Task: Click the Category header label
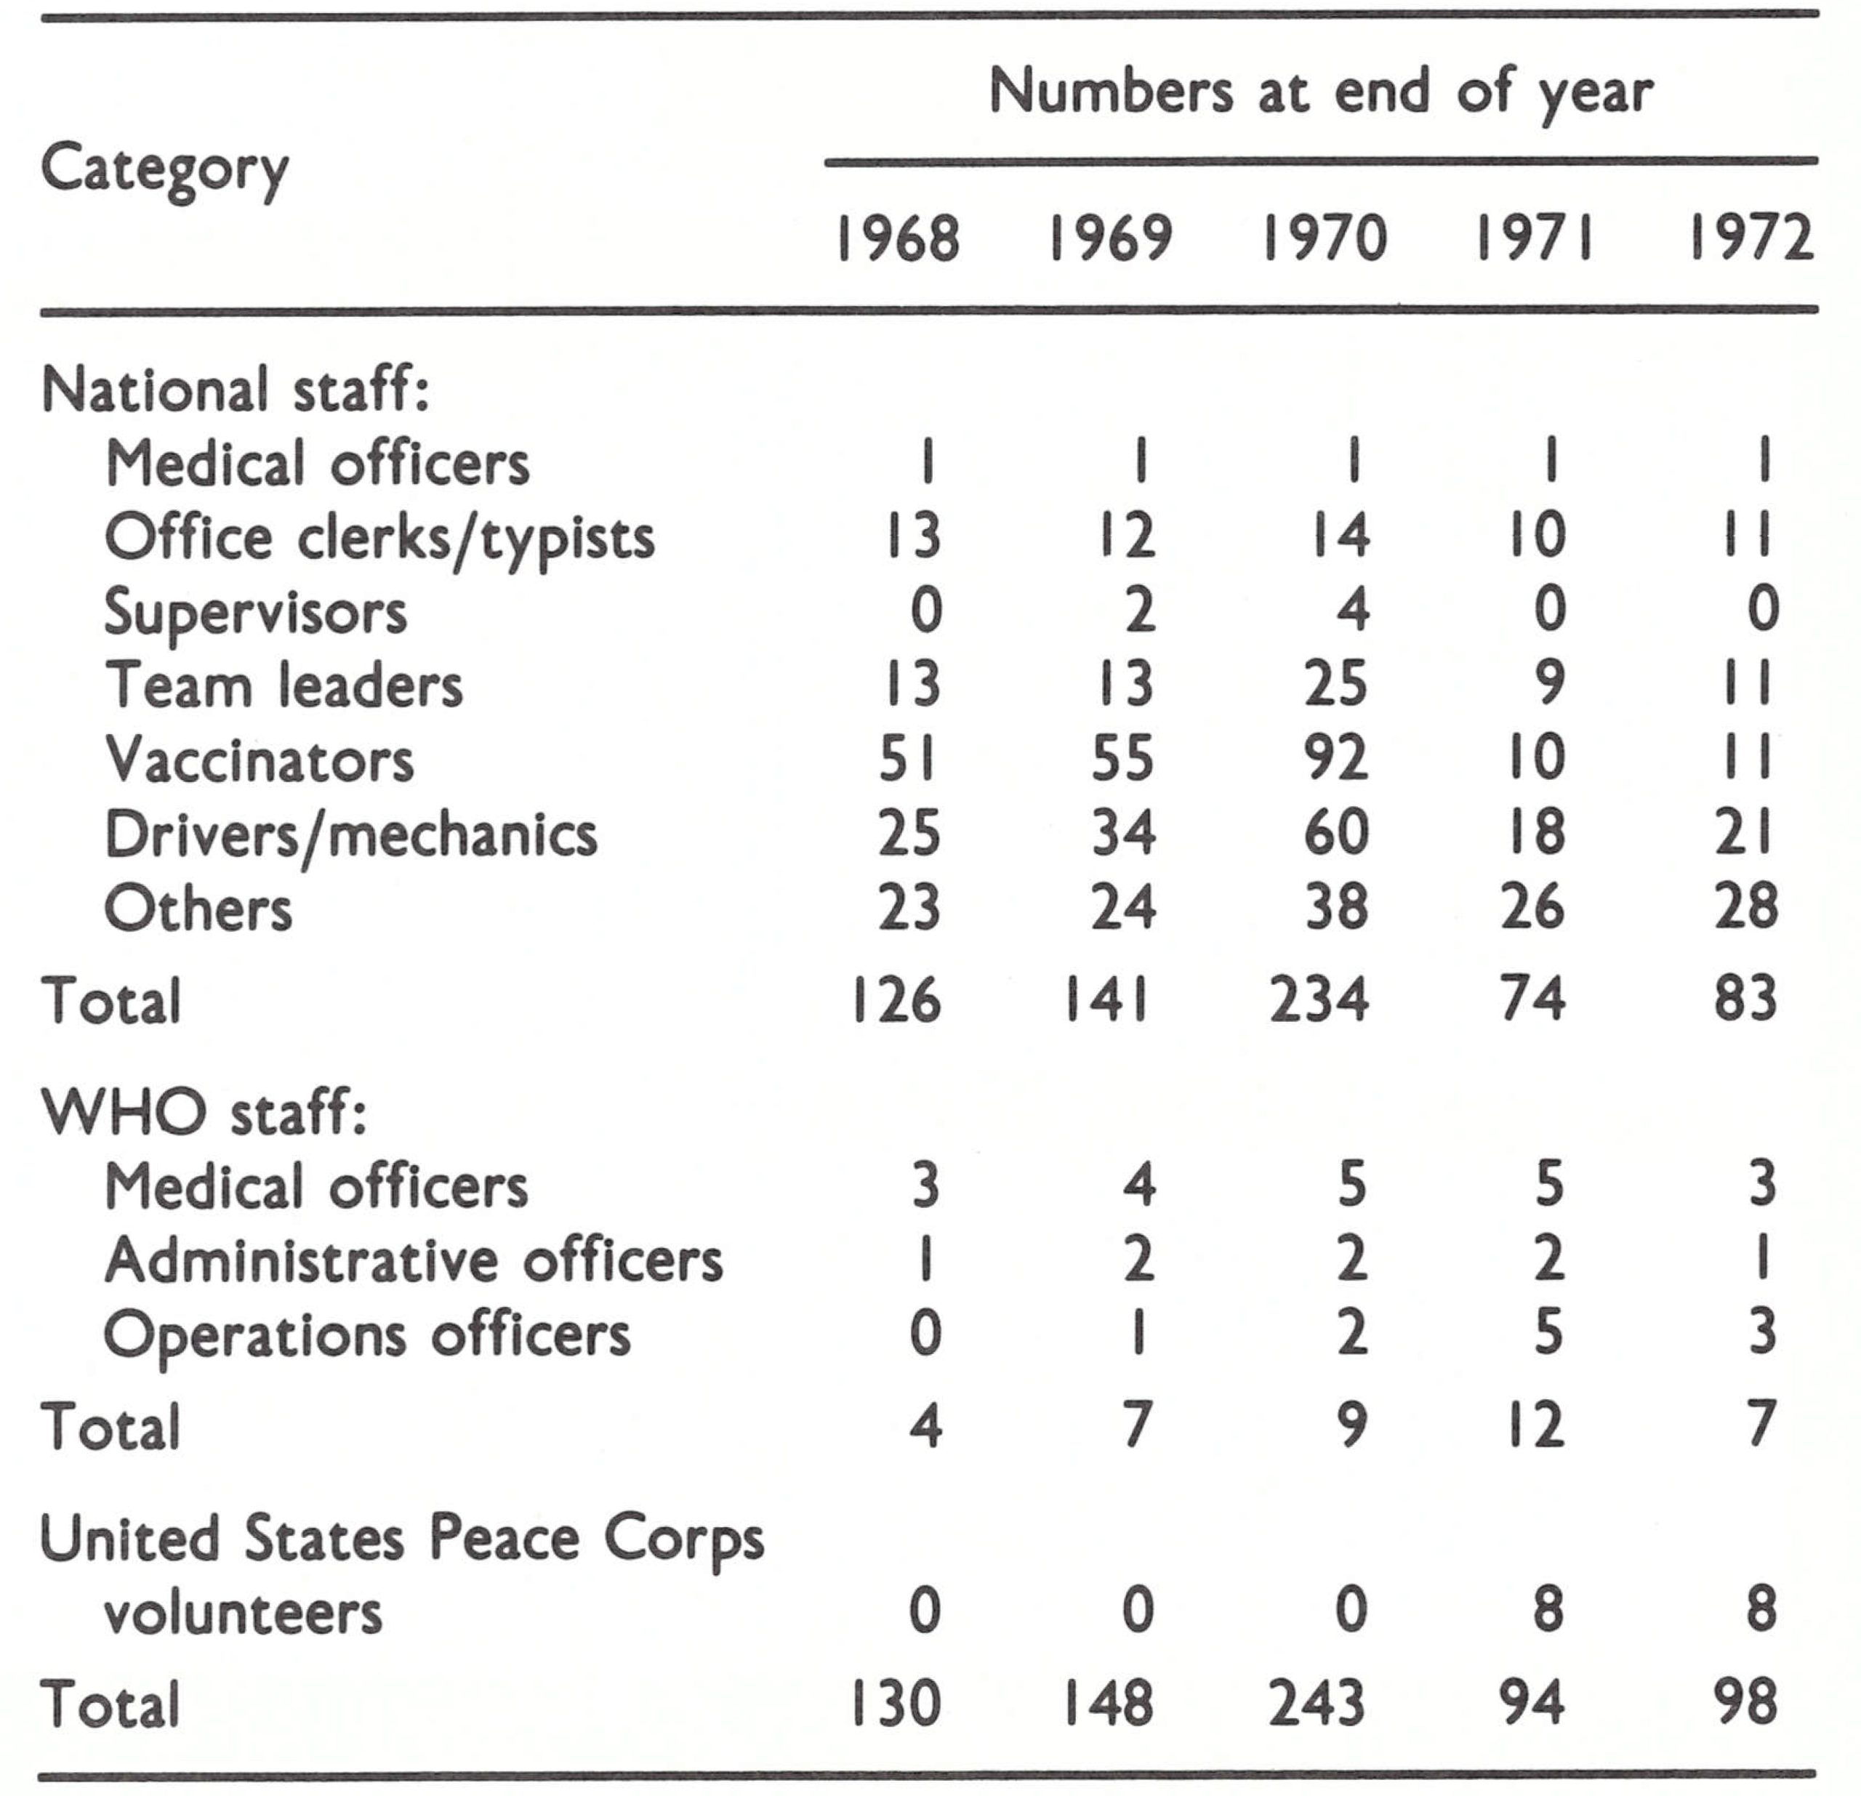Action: coord(164,171)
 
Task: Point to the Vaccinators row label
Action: coord(260,760)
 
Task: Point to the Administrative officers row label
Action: coord(414,1260)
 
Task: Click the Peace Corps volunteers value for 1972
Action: coord(1761,1609)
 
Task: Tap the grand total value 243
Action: coord(1319,1702)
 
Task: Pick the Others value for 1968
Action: coord(909,908)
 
